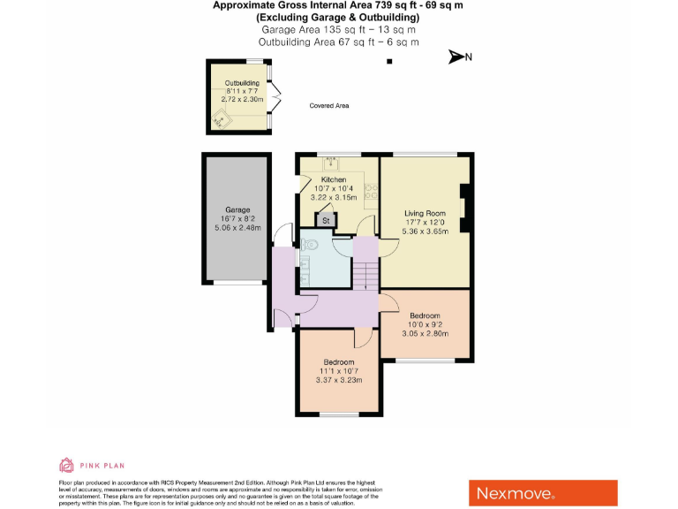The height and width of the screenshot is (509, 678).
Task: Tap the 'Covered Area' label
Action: pyautogui.click(x=329, y=106)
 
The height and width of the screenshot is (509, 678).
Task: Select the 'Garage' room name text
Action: pyautogui.click(x=237, y=209)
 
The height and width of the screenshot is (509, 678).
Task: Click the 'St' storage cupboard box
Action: pyautogui.click(x=326, y=219)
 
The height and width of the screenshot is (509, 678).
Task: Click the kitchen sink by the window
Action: pyautogui.click(x=333, y=163)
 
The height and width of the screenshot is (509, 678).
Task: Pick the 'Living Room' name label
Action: pyautogui.click(x=426, y=214)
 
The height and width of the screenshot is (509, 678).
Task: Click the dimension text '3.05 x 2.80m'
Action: pyautogui.click(x=426, y=334)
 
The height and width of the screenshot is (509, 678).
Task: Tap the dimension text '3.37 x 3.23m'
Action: pyautogui.click(x=339, y=381)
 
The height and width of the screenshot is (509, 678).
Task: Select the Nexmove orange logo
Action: pyautogui.click(x=542, y=492)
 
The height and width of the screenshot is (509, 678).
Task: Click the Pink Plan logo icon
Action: pyautogui.click(x=65, y=465)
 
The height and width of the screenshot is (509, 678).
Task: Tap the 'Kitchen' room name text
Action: pyautogui.click(x=334, y=180)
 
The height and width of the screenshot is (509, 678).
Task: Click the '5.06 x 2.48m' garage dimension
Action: pyautogui.click(x=237, y=228)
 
